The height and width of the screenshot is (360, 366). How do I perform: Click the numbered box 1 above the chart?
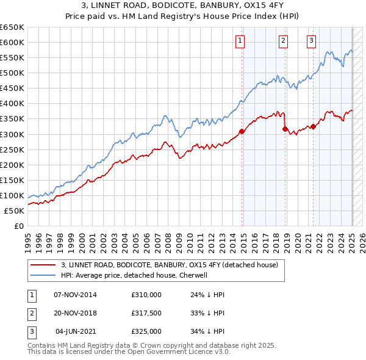[240, 41]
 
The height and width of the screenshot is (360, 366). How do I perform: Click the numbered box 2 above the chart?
[284, 41]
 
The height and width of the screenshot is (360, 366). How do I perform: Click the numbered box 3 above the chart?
[311, 41]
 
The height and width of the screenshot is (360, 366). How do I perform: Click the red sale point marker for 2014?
[242, 131]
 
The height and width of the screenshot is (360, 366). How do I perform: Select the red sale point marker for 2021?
[313, 126]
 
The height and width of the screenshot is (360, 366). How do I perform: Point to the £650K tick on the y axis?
[12, 27]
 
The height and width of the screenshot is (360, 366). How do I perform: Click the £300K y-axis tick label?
[12, 134]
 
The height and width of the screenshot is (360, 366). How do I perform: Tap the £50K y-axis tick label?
[15, 211]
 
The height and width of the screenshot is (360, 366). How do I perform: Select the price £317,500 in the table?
[146, 313]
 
